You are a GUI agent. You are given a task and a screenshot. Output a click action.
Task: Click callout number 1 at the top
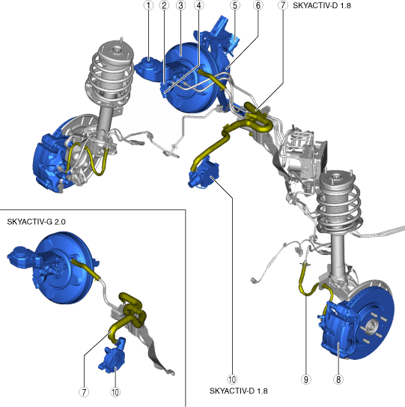148,5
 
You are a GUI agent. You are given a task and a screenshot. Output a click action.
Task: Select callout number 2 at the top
164,5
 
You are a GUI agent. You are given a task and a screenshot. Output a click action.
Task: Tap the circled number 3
180,5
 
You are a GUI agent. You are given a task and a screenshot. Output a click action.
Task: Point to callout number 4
199,5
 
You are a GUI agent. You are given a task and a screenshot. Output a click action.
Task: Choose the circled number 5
235,5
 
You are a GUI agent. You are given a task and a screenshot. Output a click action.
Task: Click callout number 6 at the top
258,5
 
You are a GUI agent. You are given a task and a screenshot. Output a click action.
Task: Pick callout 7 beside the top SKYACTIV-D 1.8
283,5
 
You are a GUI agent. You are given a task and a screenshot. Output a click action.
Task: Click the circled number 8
338,379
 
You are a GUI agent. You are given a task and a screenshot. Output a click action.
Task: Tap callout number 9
306,379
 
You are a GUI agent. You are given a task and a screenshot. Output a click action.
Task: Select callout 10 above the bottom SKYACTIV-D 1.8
232,379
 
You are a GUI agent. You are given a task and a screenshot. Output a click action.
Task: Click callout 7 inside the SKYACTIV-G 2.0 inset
84,392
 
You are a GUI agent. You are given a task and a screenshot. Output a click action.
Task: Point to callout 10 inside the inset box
115,392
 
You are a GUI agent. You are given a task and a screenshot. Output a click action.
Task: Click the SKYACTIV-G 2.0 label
36,222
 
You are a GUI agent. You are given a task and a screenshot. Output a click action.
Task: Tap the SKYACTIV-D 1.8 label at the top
322,5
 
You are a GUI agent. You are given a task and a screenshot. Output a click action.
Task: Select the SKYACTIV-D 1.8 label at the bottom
239,391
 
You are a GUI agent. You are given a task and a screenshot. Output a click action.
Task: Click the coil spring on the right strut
338,205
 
